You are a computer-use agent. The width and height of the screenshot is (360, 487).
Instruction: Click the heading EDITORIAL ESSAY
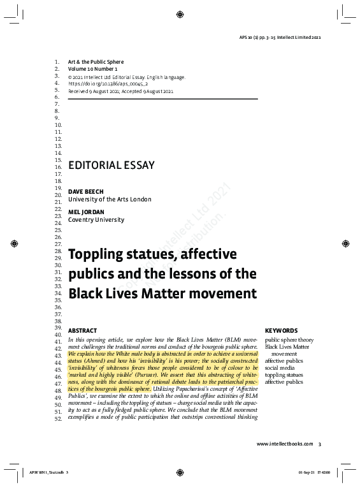tap(112, 164)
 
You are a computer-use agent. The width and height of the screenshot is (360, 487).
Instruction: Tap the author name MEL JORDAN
tap(85, 212)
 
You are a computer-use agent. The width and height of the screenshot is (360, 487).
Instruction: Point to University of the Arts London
tap(110, 200)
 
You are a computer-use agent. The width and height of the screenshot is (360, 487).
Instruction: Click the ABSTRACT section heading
tap(82, 331)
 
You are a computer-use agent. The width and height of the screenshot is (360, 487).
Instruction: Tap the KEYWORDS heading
tap(281, 331)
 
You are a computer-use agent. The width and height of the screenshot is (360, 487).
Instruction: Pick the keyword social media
tap(280, 368)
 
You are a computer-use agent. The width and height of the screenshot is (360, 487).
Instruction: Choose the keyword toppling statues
tap(284, 375)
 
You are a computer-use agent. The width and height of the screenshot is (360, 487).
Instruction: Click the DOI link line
tap(108, 84)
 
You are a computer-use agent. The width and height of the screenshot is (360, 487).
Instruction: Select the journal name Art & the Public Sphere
tap(96, 62)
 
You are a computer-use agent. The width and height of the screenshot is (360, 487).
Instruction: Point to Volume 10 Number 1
tap(93, 69)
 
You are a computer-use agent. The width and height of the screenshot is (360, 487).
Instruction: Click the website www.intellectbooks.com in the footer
tap(285, 444)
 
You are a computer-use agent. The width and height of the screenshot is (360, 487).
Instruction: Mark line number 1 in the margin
tap(57, 62)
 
